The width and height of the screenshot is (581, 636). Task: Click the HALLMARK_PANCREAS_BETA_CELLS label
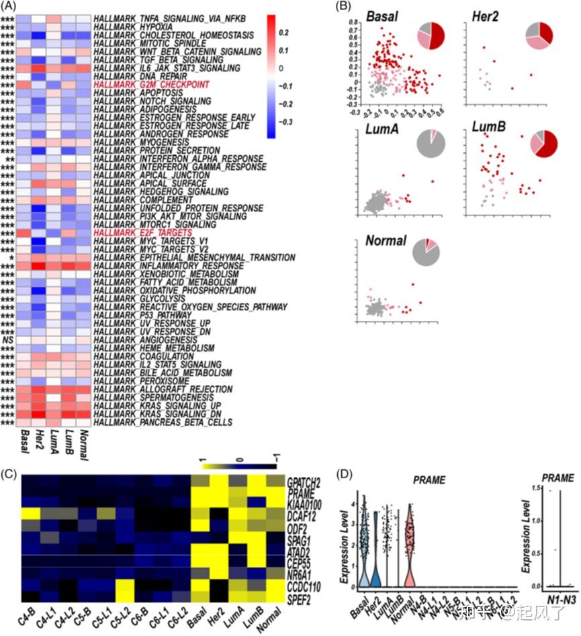[x=163, y=422]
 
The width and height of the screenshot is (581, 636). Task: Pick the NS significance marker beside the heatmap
[x=8, y=340]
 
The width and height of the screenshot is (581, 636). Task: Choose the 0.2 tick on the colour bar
[x=283, y=32]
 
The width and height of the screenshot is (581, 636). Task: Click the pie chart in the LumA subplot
[x=430, y=145]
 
